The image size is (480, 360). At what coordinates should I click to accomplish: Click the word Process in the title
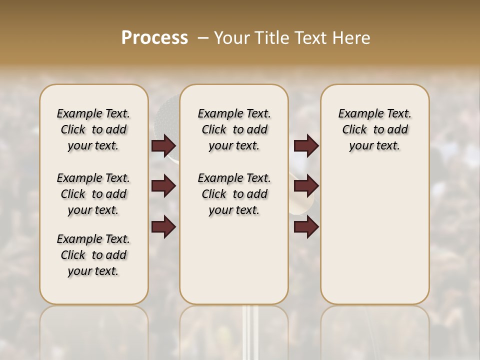[x=154, y=38]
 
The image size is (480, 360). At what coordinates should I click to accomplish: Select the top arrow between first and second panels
[x=163, y=146]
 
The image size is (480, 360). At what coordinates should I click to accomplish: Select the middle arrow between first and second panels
[x=163, y=186]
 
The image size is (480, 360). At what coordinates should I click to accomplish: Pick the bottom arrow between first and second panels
[x=163, y=227]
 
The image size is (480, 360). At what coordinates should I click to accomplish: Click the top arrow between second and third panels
[x=306, y=146]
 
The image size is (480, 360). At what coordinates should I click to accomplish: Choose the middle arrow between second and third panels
[x=306, y=186]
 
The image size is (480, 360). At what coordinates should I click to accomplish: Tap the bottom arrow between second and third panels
[x=306, y=227]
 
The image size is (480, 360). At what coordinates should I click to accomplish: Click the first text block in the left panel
[x=93, y=129]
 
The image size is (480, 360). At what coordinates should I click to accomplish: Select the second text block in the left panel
[x=93, y=194]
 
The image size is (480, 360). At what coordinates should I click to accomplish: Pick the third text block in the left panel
[x=93, y=255]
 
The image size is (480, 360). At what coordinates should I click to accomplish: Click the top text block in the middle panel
[x=234, y=129]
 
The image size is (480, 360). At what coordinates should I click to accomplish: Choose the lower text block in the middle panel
[x=234, y=194]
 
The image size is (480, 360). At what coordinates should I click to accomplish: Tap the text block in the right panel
[x=374, y=129]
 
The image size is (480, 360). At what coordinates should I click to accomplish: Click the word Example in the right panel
[x=356, y=113]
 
